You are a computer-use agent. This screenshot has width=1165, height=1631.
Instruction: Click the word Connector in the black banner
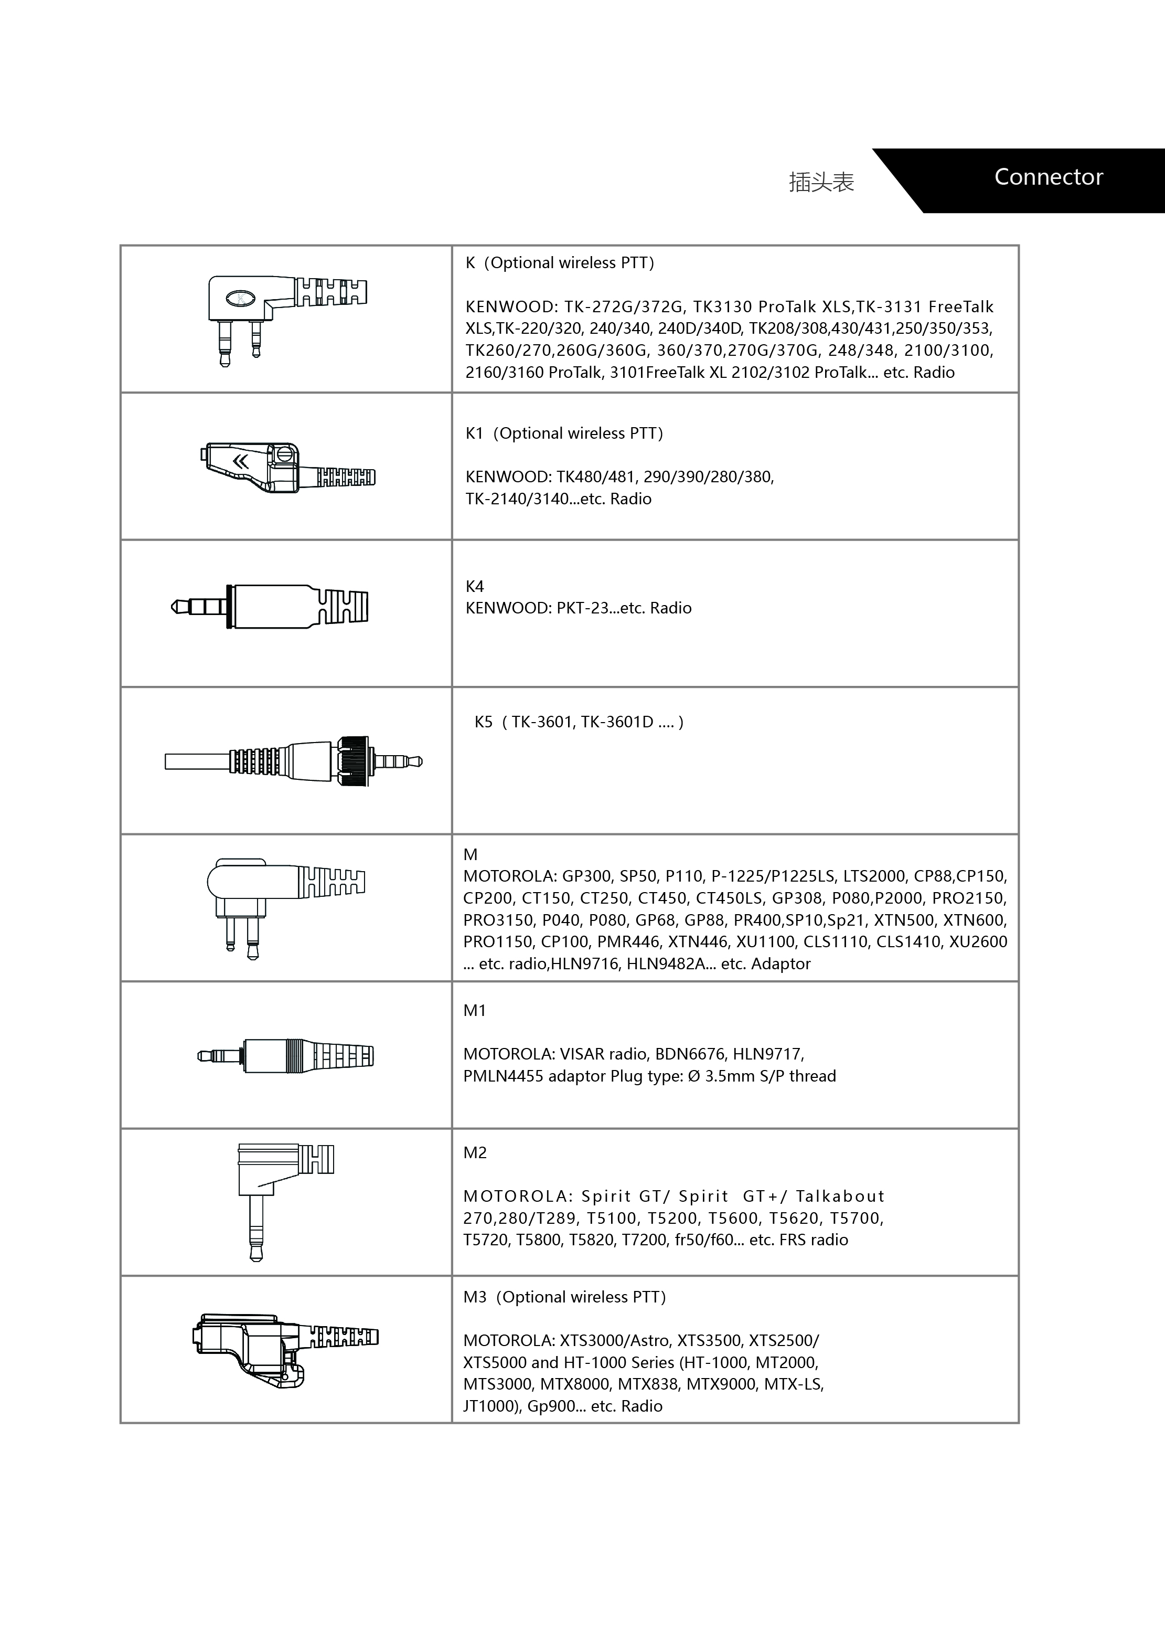[1048, 177]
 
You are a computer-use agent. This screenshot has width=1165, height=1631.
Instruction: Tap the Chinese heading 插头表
[821, 182]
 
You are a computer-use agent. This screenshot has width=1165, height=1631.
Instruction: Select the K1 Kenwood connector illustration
[287, 468]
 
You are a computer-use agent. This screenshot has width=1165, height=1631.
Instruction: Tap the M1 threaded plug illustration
[285, 1055]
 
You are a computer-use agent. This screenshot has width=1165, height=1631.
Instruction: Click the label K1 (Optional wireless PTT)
[564, 433]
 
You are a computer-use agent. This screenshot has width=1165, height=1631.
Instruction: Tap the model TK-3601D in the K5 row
[617, 723]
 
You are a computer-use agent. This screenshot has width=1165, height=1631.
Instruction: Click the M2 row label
[475, 1152]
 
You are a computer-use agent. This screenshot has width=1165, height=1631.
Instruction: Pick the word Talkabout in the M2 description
[839, 1196]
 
